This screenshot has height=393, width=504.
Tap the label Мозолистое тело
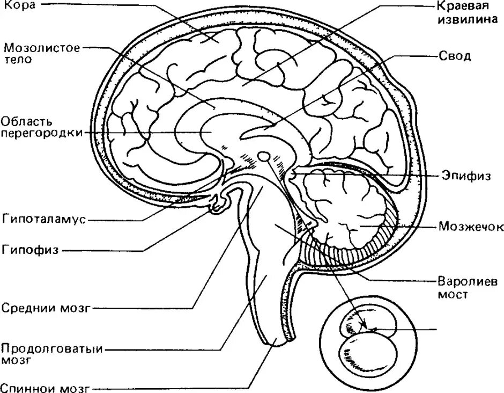click(41, 53)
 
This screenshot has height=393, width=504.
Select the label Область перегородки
click(41, 126)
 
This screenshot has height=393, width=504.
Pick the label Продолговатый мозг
click(52, 353)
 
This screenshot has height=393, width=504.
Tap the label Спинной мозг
click(44, 387)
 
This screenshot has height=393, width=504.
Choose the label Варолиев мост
click(459, 288)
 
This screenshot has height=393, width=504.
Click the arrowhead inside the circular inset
click(366, 328)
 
